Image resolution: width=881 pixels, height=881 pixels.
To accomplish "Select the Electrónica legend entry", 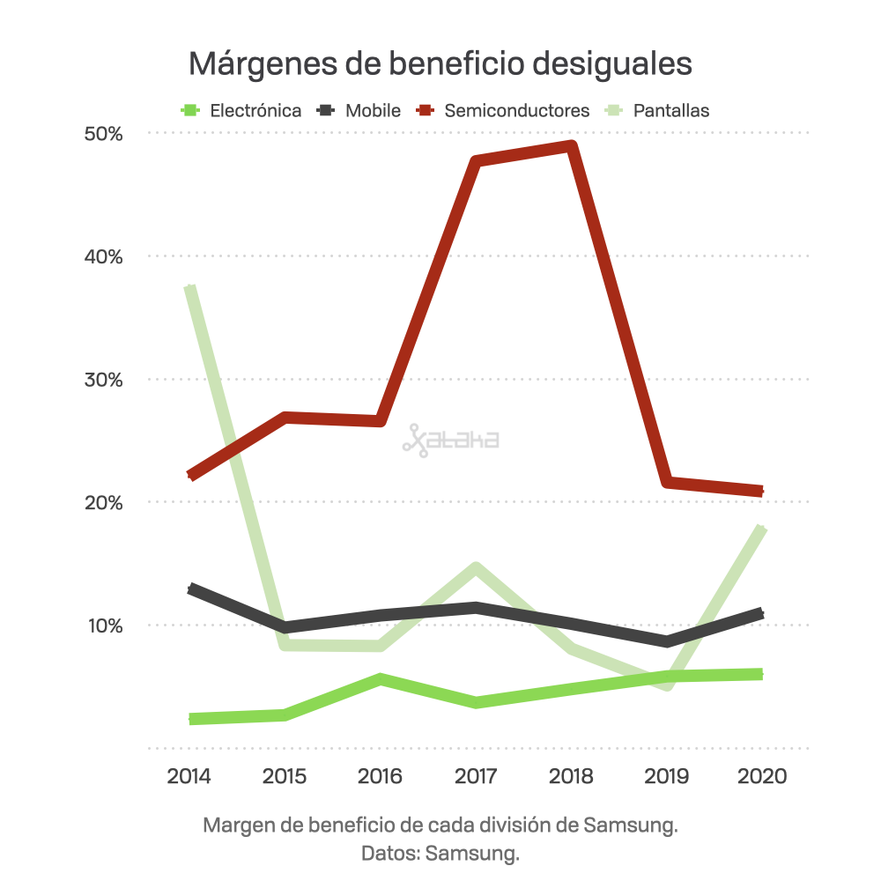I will [x=241, y=111].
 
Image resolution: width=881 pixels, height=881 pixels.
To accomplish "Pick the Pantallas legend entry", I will [x=658, y=111].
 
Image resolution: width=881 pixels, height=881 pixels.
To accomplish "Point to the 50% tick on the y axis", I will [x=103, y=134].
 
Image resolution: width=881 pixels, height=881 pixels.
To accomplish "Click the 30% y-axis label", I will [x=103, y=380].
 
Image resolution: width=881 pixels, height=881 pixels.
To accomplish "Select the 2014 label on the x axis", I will [x=189, y=777].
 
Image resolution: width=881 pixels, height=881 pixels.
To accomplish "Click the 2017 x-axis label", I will [x=476, y=777].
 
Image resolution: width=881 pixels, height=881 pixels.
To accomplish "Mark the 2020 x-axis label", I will [x=762, y=777].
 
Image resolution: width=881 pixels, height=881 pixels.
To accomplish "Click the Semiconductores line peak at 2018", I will [x=571, y=147].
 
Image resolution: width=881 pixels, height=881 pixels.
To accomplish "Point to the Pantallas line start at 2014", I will [x=190, y=289].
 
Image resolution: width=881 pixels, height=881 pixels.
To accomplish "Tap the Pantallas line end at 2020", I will [x=761, y=529].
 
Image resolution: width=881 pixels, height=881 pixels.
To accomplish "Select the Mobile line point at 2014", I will [x=191, y=589].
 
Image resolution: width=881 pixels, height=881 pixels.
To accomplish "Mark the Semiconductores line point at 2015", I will [x=286, y=417].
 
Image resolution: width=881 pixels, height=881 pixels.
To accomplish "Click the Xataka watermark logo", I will [x=450, y=440].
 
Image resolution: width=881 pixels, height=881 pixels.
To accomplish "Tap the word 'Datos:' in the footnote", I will [x=389, y=854].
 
